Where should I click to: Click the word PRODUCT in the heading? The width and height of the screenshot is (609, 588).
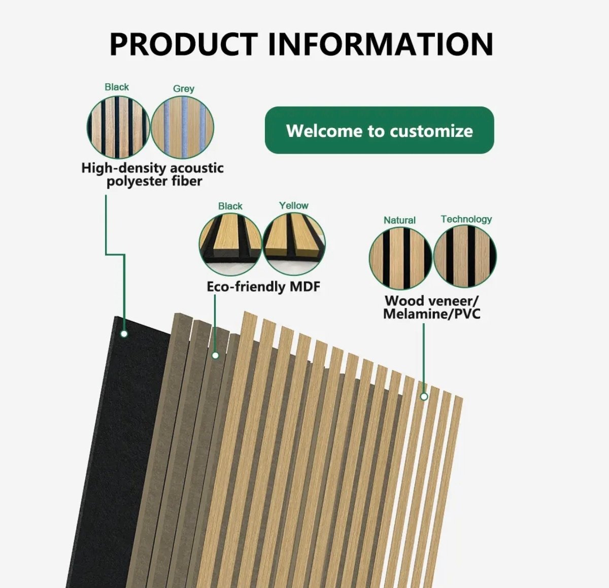tap(183, 44)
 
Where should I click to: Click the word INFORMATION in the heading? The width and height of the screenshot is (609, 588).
tap(380, 44)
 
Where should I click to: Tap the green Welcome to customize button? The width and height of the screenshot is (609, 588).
tap(379, 130)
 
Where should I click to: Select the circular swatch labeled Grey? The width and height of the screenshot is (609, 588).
tap(183, 127)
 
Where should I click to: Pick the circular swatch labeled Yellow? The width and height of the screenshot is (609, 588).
tap(294, 244)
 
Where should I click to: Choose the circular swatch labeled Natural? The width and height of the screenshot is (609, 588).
tap(400, 258)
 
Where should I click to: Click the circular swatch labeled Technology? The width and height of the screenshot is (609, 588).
tap(465, 256)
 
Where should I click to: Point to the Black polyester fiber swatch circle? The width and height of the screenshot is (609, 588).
tap(118, 127)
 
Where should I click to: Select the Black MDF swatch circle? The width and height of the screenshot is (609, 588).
tap(230, 244)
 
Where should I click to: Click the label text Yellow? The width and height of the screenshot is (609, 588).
tap(293, 205)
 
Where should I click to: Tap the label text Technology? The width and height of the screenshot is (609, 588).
tap(466, 219)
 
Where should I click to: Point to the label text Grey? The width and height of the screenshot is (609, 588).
tap(183, 89)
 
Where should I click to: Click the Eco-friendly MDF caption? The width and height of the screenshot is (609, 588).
tap(263, 287)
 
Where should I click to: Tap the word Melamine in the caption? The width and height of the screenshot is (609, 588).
tap(416, 314)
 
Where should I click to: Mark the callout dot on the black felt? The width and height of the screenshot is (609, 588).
tap(124, 334)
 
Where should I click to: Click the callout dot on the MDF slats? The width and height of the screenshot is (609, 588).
tap(215, 356)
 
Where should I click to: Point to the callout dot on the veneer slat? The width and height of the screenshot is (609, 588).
tap(424, 397)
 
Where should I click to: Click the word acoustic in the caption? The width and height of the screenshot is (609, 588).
tap(196, 168)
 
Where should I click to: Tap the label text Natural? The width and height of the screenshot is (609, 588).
tap(399, 220)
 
